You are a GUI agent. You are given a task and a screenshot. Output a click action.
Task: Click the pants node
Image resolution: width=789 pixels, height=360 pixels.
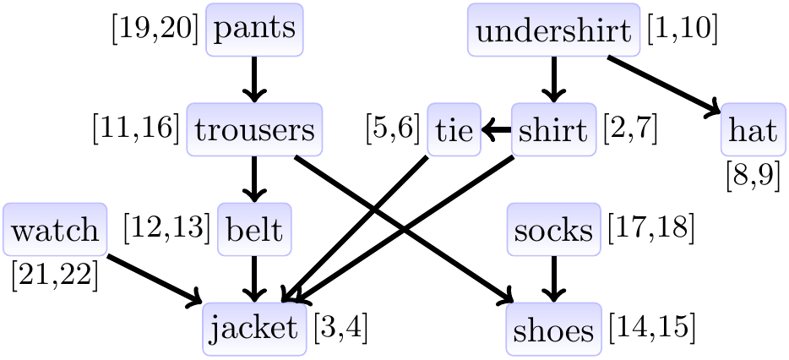point(254,30)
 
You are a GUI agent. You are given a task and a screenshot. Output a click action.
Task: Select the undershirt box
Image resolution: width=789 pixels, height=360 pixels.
point(553,33)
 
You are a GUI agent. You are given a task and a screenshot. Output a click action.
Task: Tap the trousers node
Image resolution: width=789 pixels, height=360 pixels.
point(254,130)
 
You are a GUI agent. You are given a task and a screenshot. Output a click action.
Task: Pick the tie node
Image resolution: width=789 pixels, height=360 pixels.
point(454,130)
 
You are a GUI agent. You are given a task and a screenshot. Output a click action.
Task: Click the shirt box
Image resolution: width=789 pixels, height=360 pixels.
point(553,130)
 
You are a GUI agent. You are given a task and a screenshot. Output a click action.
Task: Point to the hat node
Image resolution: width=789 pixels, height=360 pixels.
point(752,131)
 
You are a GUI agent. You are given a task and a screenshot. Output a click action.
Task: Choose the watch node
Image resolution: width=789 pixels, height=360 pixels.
point(55,229)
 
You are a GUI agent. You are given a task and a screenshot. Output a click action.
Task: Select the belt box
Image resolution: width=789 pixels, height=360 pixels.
point(254,229)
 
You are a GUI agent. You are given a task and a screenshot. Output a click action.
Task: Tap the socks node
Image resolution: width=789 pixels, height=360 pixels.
point(553,229)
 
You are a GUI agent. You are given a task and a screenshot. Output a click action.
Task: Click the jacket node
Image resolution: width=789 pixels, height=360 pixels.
point(254,329)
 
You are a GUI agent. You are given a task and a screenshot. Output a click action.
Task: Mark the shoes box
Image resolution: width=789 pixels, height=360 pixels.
point(553,330)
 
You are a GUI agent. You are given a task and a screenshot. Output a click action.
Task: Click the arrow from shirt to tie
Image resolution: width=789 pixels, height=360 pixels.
point(497,130)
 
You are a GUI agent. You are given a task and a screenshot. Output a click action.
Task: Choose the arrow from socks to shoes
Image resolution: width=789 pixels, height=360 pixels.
point(553,278)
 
